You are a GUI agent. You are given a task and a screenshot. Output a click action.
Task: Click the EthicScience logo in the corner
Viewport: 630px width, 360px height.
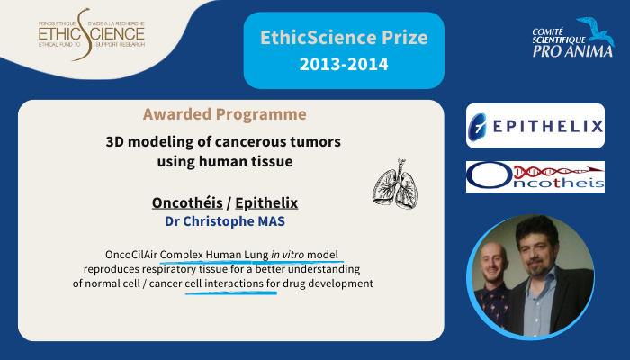point(92,34)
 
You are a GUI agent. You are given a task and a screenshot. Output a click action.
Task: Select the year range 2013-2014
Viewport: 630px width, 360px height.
point(344,64)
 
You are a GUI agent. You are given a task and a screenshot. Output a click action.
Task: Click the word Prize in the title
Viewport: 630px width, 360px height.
point(405,38)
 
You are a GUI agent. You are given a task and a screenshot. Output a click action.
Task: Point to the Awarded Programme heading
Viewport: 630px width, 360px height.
point(225,114)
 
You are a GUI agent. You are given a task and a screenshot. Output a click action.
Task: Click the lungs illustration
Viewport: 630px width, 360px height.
point(395,184)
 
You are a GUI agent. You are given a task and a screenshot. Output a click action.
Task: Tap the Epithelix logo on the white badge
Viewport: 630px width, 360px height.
point(535,126)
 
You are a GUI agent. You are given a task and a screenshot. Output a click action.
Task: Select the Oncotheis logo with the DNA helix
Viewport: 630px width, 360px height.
point(535,176)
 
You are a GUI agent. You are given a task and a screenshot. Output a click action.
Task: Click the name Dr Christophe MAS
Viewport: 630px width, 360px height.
point(225,221)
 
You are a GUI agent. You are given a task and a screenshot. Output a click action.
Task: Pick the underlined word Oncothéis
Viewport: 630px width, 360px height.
point(187,202)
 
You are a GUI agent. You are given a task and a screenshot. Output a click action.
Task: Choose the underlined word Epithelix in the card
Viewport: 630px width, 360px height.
point(266,202)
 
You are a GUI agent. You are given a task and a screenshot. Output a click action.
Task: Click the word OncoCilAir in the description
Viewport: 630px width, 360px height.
point(131,255)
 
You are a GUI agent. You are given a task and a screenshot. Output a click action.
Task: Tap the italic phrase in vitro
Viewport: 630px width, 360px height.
point(288,255)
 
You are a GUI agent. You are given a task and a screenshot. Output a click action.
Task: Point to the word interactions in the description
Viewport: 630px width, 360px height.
point(234,283)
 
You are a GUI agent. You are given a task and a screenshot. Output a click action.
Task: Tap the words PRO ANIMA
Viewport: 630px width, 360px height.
point(572,51)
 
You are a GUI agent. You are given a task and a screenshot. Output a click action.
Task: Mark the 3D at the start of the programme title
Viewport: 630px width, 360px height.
point(115,142)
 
